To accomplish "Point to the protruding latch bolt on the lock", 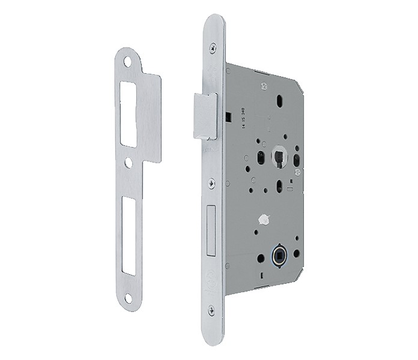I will pos(204,115).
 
